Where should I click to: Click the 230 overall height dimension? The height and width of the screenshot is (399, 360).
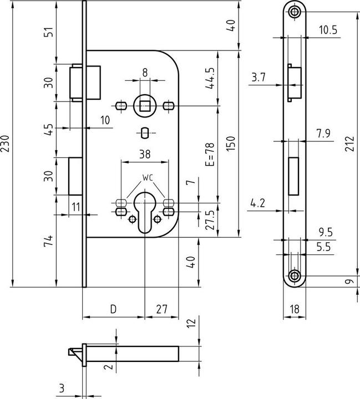click(5, 144)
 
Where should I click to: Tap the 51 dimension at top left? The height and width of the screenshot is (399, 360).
click(49, 32)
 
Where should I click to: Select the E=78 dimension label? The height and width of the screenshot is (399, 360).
click(210, 155)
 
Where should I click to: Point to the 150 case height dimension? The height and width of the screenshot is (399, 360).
click(231, 144)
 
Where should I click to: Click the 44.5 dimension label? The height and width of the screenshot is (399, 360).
click(210, 78)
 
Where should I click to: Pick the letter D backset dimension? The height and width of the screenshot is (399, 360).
click(113, 309)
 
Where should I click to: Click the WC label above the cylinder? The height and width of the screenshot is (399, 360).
click(148, 178)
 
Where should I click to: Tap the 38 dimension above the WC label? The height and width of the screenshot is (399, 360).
click(145, 154)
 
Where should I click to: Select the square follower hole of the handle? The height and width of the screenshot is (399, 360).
click(145, 106)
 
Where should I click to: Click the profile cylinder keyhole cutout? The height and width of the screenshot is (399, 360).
click(145, 212)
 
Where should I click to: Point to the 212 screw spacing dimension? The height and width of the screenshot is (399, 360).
click(349, 144)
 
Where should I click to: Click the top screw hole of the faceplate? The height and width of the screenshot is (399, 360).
click(295, 12)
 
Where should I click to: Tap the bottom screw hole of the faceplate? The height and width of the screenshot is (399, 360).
click(295, 275)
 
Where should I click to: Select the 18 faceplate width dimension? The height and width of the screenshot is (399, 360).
click(295, 309)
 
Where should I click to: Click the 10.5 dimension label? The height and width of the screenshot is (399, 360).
click(328, 30)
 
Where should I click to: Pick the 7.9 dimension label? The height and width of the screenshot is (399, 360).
click(323, 134)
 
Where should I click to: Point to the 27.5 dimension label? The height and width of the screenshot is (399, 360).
click(210, 220)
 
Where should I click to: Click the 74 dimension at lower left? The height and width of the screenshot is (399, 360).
click(49, 241)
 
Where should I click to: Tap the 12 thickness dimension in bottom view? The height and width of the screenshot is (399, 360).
click(191, 323)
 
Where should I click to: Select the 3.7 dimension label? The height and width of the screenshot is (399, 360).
click(258, 77)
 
